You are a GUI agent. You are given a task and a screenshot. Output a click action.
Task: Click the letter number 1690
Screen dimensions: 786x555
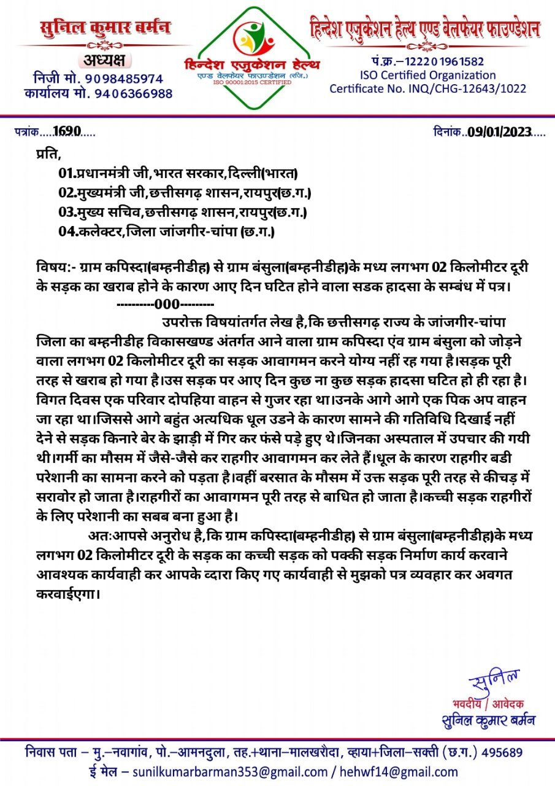click(x=67, y=131)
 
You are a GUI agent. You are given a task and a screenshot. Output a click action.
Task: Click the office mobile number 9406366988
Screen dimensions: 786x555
click(x=134, y=94)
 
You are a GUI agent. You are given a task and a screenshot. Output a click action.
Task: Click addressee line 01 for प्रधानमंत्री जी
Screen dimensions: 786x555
click(x=178, y=174)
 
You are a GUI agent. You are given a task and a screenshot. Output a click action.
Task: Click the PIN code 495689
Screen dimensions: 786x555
click(x=502, y=752)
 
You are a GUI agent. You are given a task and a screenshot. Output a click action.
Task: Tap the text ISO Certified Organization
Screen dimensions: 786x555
click(x=427, y=75)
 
